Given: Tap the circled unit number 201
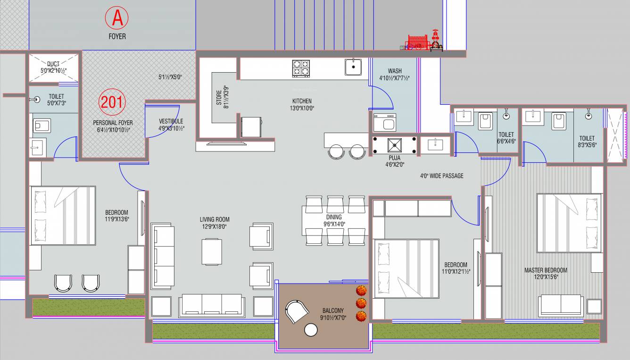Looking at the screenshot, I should pos(111,102).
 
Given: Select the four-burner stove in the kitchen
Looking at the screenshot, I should pos(301,68).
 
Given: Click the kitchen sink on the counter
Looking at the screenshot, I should pos(353,67).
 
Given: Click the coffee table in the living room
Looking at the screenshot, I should pos(212,251).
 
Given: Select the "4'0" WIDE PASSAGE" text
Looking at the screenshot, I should pos(441,176).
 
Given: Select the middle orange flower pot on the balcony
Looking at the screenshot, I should pos(361,302).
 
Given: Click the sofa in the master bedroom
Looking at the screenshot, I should pos(561,305).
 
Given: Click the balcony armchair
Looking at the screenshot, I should pos(297,310).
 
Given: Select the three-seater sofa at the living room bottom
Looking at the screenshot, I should pos(211,305).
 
